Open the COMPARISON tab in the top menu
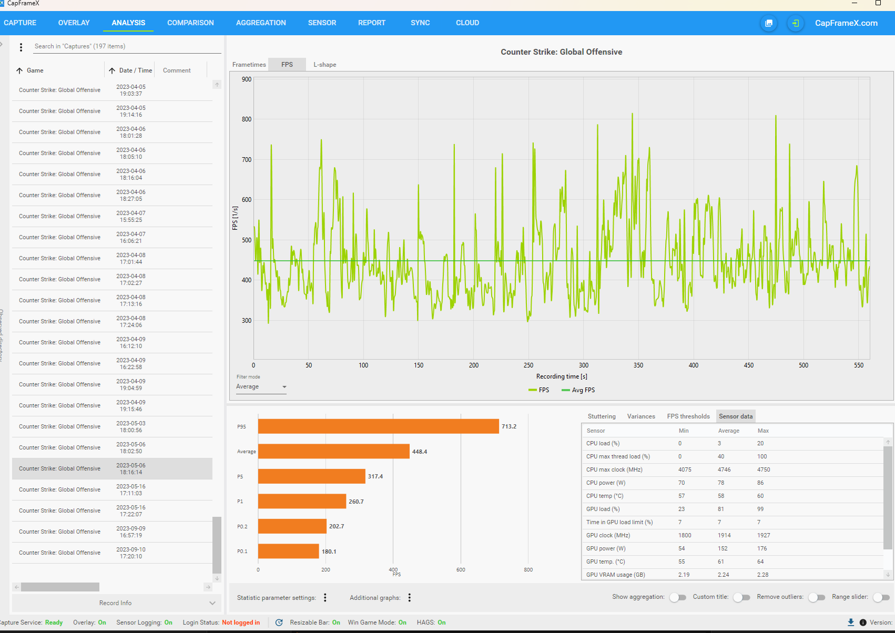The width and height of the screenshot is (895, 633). click(x=190, y=23)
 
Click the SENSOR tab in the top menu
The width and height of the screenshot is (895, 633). click(x=322, y=23)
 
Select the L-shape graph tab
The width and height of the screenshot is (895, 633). click(x=324, y=65)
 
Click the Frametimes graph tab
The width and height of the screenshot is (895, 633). click(x=249, y=65)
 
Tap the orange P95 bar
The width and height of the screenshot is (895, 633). click(x=379, y=426)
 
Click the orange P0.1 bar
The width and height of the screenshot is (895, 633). click(x=289, y=551)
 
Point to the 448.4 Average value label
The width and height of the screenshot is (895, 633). click(x=420, y=452)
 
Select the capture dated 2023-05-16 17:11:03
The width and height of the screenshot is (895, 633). click(x=112, y=489)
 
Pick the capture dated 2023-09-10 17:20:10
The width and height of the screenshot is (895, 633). click(x=112, y=553)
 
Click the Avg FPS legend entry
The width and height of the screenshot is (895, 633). click(x=578, y=390)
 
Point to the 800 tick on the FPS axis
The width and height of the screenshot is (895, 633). click(x=247, y=119)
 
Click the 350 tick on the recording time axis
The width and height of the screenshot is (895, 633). click(x=638, y=365)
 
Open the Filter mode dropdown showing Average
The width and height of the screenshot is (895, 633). click(x=261, y=386)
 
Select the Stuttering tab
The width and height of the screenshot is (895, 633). click(x=602, y=416)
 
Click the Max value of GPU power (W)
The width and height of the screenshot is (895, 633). click(x=761, y=548)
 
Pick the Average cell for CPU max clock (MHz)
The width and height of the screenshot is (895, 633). click(x=724, y=469)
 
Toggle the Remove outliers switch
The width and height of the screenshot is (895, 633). click(x=817, y=597)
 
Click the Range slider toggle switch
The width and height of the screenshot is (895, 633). click(x=881, y=597)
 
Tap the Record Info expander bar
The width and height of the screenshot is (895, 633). click(x=116, y=603)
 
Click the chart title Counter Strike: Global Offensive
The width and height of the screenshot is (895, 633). click(x=562, y=52)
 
